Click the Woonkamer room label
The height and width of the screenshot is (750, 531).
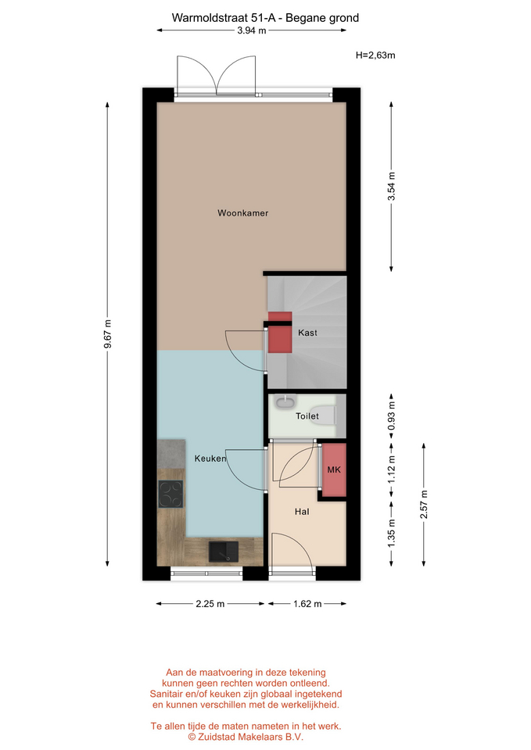coord(242,212)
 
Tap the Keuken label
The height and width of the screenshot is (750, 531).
coord(210,459)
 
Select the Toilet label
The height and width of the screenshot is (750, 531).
coord(307,416)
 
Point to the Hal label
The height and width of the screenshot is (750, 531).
coord(302,511)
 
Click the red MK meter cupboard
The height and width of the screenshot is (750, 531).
coord(334,470)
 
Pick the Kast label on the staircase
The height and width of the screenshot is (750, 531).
coord(307,333)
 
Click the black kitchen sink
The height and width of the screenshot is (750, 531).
coord(224,552)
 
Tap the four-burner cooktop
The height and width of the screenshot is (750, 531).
coord(171,494)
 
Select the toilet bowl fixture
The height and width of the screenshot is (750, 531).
coord(327,415)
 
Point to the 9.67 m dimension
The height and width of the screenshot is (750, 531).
coord(107,334)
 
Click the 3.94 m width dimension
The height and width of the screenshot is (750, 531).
coord(251,30)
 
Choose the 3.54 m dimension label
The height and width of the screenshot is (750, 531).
coord(391,186)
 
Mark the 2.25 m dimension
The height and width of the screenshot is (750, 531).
coord(210,604)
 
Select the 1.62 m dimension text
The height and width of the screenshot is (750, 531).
coord(307,604)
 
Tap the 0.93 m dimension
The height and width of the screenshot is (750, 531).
coord(391,415)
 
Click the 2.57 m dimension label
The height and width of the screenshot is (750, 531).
coord(424,504)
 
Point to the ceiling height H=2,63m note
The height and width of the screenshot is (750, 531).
coord(375,55)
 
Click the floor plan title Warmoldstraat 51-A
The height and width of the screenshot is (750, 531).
coord(226,18)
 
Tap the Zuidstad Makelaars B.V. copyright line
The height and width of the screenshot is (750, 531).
coord(246,737)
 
